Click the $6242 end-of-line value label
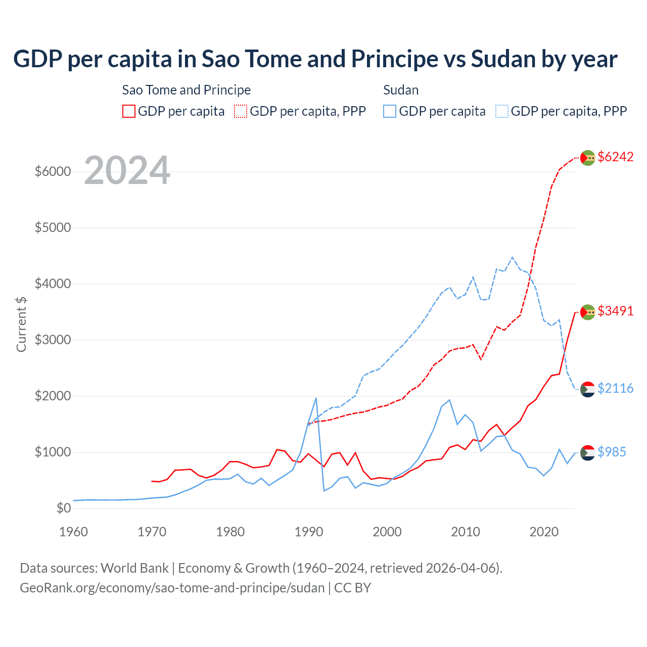point(615,157)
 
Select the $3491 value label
point(615,311)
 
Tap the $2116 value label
point(615,388)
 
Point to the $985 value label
point(612,452)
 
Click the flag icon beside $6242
point(587,158)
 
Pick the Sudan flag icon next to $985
point(587,452)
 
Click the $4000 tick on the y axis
point(53,284)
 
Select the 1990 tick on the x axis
point(309,532)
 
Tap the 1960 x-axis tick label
point(74,532)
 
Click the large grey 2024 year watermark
point(127,171)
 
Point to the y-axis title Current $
point(21,325)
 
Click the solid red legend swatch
point(129,111)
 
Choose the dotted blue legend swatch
point(502,111)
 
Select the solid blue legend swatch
point(390,111)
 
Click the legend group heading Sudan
point(401,90)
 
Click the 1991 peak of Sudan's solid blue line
point(316,398)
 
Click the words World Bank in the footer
point(134,568)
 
